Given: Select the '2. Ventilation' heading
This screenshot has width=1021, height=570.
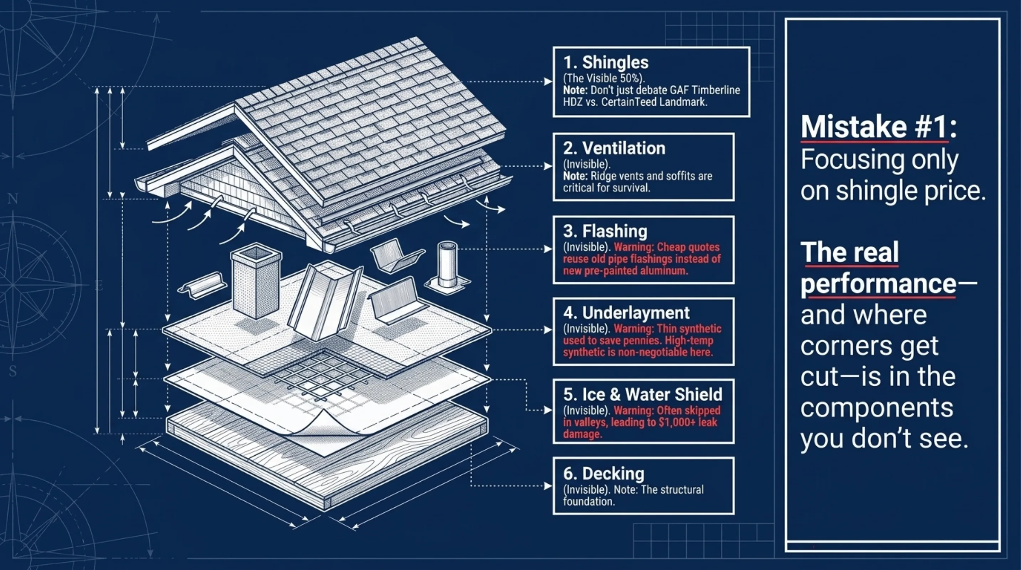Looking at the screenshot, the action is (x=614, y=148).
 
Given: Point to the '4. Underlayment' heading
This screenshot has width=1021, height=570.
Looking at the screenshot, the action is (x=626, y=313).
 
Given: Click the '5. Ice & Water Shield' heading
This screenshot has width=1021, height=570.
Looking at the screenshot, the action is (x=642, y=394).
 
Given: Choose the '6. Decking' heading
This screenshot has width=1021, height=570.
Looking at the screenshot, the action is (x=604, y=474).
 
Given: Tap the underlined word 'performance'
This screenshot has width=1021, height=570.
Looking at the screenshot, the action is (x=878, y=285).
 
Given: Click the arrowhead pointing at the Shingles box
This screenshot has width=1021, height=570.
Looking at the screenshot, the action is (x=548, y=82).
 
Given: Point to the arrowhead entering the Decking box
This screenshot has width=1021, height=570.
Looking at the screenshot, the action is (x=548, y=486).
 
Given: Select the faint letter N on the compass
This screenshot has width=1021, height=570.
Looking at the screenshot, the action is (x=13, y=198).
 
